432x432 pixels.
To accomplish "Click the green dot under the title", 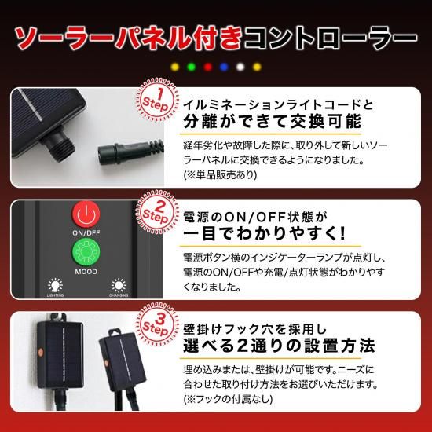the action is (x=191, y=67).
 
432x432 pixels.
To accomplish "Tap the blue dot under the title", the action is (x=225, y=67).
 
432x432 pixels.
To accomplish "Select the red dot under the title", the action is (x=207, y=67).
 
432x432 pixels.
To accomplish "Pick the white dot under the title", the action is (x=240, y=67).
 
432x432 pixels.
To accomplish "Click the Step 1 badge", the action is (x=157, y=100).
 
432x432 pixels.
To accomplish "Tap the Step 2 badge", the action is (x=157, y=212).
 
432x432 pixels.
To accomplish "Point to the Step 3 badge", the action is (x=157, y=324).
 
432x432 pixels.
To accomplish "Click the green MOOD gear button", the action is (x=86, y=252).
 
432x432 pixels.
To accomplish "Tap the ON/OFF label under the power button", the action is (x=86, y=233).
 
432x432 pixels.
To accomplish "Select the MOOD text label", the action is (x=86, y=272).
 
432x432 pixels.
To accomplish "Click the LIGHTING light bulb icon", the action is (x=56, y=285).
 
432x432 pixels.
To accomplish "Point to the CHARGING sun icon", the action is (x=119, y=285).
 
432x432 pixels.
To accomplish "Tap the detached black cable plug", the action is (x=130, y=152).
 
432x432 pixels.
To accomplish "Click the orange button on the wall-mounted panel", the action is (x=41, y=352).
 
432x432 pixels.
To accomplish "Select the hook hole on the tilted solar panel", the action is (x=115, y=332).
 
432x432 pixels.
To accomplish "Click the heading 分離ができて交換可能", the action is (x=273, y=122).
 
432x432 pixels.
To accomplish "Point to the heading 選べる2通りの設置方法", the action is (x=279, y=346).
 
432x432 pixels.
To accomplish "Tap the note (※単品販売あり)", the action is (x=220, y=174).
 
